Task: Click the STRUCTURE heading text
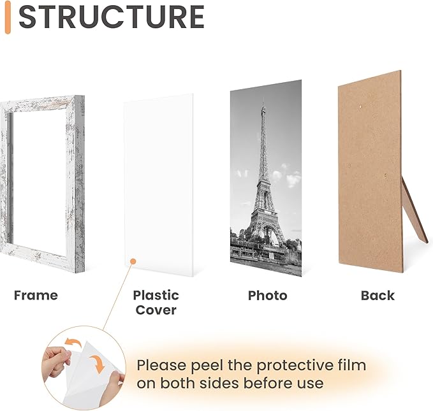click(111, 17)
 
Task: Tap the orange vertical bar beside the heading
click(7, 17)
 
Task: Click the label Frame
click(36, 295)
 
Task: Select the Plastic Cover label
click(156, 303)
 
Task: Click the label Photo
click(267, 296)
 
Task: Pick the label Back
click(378, 296)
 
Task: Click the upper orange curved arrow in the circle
click(73, 345)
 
